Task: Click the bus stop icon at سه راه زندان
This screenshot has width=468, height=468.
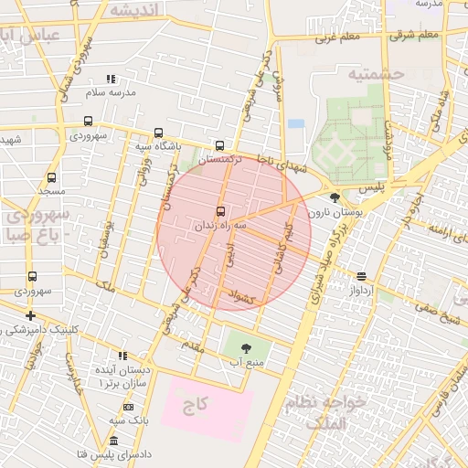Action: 219,209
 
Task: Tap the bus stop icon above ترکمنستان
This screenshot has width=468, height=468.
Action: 219,145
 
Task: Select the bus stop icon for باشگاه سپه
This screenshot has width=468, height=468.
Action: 160,133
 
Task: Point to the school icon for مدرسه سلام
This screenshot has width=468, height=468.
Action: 111,80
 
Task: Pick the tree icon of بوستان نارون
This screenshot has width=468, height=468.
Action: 335,197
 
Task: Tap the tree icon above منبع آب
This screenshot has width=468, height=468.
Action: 245,348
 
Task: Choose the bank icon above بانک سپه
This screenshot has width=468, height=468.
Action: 129,407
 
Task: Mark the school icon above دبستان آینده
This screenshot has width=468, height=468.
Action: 122,356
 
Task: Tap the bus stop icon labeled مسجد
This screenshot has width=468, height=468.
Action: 50,178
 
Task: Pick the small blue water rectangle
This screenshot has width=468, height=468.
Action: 295,123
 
